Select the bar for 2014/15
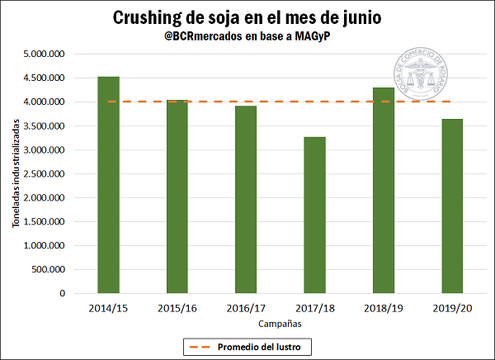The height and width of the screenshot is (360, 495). [108, 185]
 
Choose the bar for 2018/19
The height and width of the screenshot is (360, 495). [384, 190]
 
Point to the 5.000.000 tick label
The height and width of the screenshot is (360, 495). [45, 54]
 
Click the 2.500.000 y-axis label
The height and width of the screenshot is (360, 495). [45, 174]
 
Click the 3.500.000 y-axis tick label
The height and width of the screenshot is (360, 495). [45, 126]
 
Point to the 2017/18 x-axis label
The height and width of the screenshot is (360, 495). [315, 307]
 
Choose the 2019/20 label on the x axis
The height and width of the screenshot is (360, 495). [452, 307]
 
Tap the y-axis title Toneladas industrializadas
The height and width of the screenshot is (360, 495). [14, 174]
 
